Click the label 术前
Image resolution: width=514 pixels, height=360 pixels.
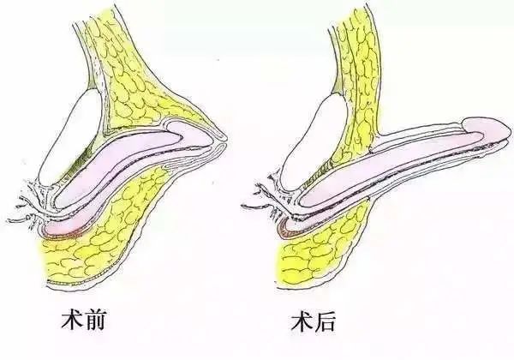coord(84,321)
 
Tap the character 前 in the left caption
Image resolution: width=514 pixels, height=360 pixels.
coord(95,321)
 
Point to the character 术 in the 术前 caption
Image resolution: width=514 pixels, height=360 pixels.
coord(73,321)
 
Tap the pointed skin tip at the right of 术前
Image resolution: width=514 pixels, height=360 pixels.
coord(224,137)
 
